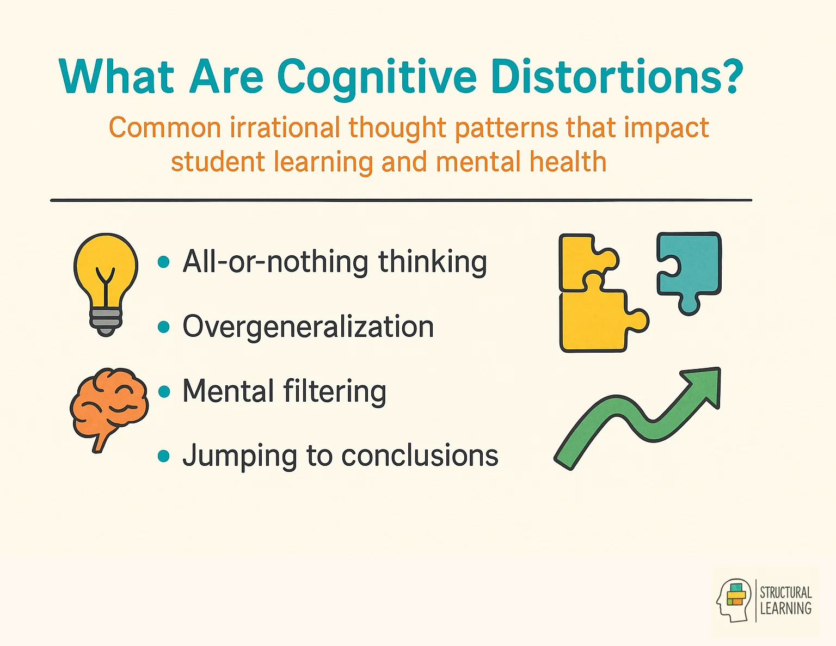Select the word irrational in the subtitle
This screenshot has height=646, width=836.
(286, 128)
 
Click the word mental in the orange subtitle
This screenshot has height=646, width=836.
(478, 163)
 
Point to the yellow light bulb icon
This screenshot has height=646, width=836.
(106, 272)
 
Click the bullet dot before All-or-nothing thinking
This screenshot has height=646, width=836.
(163, 262)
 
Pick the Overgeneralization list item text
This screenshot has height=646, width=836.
(308, 327)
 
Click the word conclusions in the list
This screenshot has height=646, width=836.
(419, 456)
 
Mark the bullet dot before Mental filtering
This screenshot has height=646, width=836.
(163, 392)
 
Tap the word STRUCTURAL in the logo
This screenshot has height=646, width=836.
(785, 592)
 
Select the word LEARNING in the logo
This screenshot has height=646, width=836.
(785, 608)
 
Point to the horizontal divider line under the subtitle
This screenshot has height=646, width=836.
(401, 200)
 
